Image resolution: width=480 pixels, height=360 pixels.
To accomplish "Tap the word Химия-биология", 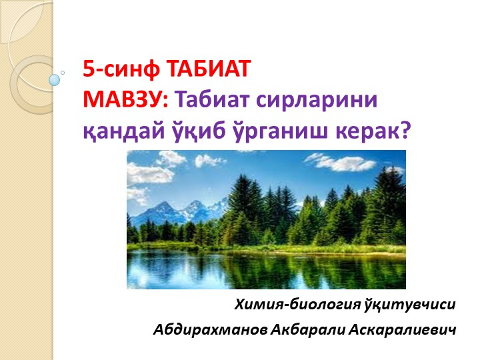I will coord(297,305).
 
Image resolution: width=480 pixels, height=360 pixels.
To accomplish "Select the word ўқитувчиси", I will coord(411,305).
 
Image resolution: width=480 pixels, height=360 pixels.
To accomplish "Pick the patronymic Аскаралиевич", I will coord(401,330).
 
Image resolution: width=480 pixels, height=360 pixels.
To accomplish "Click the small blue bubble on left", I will coord(55,79).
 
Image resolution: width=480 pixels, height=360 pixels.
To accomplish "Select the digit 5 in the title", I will coord(88,70).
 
